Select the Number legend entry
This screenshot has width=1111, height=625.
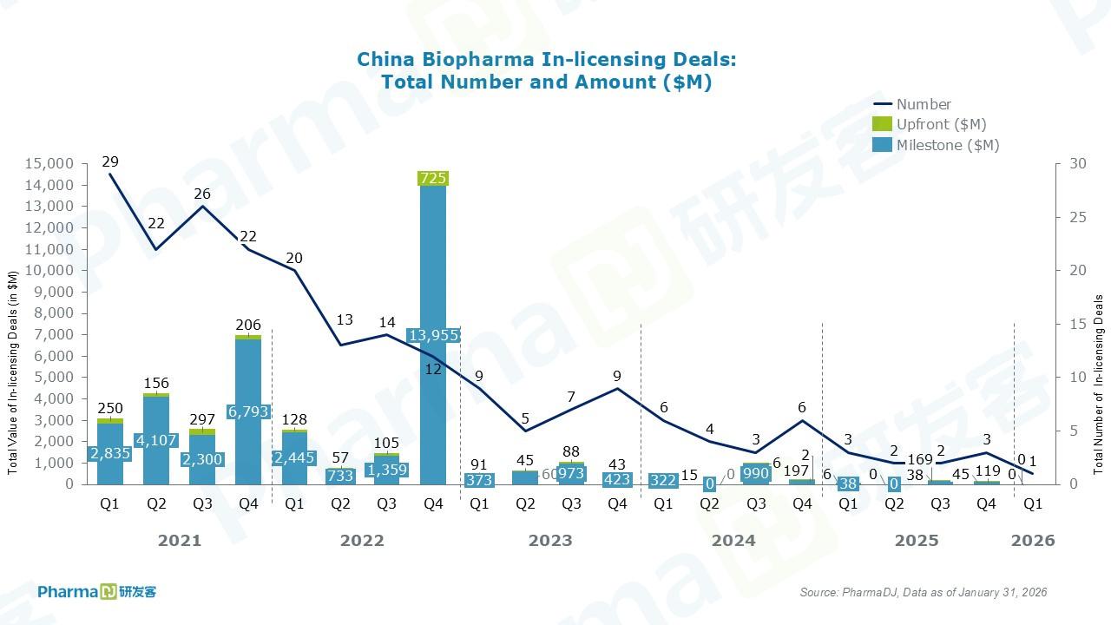tap(924, 104)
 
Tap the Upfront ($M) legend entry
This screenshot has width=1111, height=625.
tap(941, 124)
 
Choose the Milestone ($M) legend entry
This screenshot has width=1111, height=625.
tap(948, 145)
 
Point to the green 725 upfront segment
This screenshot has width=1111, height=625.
tap(432, 178)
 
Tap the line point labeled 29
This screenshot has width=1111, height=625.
tap(110, 174)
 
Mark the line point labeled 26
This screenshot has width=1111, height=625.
tap(202, 206)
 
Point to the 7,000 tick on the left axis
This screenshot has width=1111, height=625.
tap(52, 334)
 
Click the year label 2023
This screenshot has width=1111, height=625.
tap(550, 541)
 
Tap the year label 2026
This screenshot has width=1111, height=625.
tap(1033, 541)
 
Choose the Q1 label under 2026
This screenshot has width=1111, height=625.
tap(1033, 503)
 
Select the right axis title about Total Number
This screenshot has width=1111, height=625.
tap(1098, 384)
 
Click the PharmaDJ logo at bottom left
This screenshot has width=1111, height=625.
tap(96, 592)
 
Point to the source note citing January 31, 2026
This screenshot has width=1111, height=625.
tap(923, 592)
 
